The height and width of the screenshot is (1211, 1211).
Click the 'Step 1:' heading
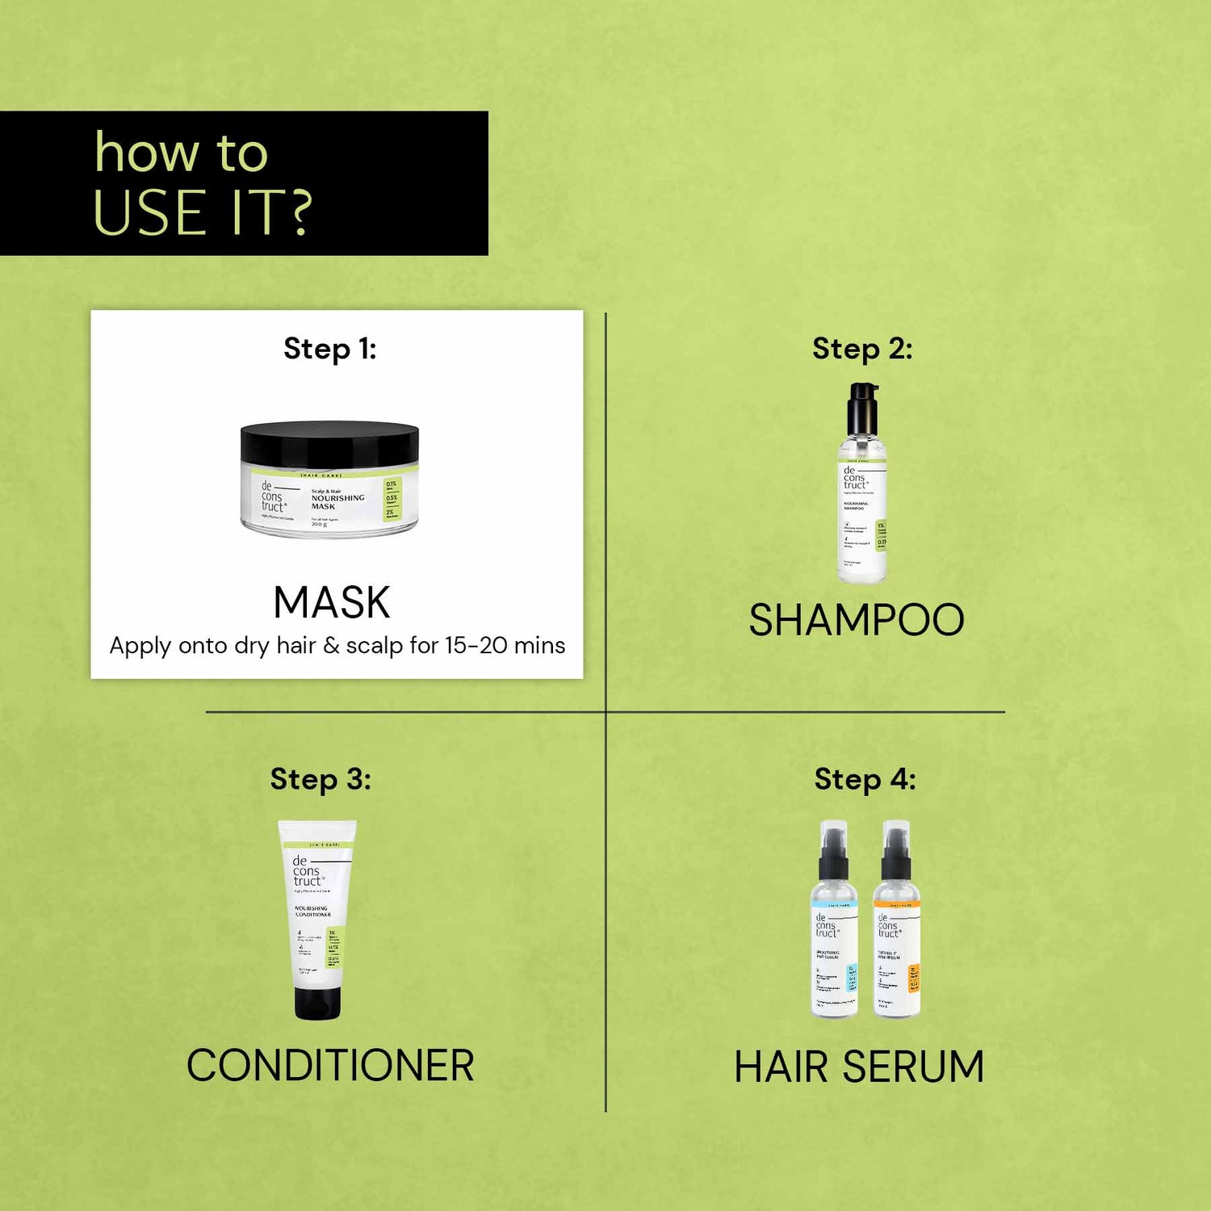329,349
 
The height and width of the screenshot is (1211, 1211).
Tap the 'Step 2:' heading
862,349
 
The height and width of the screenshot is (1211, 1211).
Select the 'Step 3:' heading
321,779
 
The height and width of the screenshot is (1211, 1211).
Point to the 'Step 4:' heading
865,779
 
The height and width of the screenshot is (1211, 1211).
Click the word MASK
332,602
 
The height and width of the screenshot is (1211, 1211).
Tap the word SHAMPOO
857,620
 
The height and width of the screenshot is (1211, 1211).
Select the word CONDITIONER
330,1066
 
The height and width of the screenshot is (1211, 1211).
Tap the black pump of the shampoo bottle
862,408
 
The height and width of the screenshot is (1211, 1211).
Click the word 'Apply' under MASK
140,647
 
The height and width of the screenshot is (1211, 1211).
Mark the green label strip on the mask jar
392,499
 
